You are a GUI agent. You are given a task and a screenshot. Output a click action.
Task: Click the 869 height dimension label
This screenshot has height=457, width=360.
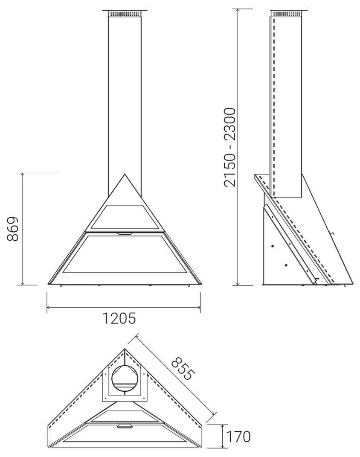coord(13,229)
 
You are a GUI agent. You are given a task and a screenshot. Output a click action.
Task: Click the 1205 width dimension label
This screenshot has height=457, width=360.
coord(119,318)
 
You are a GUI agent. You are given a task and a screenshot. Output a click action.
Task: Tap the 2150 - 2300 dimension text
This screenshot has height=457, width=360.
coord(229,147)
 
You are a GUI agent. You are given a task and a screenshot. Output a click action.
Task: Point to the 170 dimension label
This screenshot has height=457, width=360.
coord(238,437)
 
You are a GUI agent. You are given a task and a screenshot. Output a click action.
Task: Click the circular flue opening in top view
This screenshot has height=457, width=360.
coord(125,379)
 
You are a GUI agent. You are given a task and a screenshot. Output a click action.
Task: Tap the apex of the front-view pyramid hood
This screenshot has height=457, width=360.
coord(125,174)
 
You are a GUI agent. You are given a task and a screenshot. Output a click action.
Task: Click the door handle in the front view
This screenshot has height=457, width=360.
coord(124,233)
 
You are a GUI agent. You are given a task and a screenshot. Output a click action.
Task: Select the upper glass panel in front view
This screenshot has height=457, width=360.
coord(125,217)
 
